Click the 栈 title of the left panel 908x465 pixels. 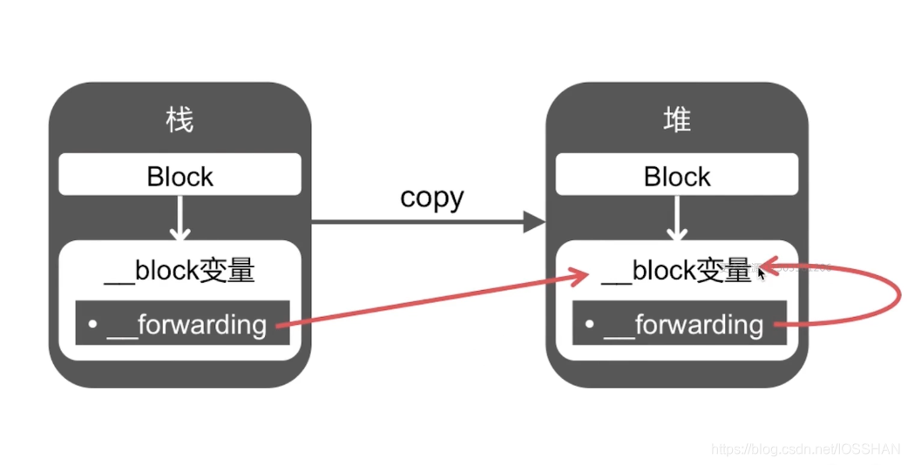180,119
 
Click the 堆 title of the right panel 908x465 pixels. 676,119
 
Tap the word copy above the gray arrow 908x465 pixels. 431,197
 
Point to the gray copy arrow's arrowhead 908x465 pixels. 534,222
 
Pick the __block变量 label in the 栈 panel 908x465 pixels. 180,271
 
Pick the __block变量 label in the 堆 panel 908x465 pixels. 676,271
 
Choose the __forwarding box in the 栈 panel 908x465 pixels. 182,324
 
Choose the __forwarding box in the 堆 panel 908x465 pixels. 679,324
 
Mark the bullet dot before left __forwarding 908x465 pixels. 92,325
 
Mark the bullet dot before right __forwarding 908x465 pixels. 589,325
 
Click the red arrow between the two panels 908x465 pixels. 436,301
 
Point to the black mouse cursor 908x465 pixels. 762,273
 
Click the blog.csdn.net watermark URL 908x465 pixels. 805,449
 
